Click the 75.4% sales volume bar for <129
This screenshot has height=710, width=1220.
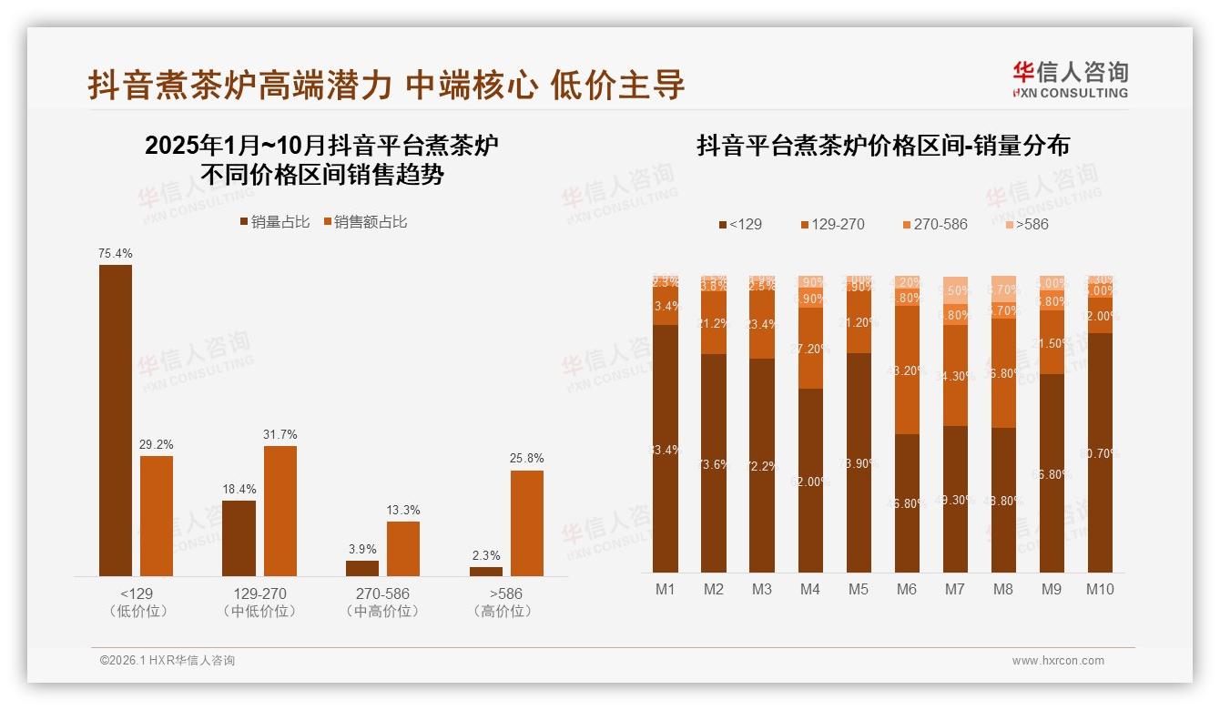115,420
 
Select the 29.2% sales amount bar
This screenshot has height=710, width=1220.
157,515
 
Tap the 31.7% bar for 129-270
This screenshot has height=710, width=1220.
280,510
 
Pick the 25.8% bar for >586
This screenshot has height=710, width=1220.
527,522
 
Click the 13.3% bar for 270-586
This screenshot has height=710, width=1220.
403,548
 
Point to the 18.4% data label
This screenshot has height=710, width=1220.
239,489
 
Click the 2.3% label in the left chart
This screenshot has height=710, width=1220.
486,555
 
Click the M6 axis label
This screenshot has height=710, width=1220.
906,589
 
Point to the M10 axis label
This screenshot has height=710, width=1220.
1100,589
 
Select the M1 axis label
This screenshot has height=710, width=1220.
666,589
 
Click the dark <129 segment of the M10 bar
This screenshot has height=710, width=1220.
1100,452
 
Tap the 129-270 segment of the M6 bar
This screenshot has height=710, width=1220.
907,370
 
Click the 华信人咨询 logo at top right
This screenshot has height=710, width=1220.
1070,79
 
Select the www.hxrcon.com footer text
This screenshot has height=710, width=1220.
1058,661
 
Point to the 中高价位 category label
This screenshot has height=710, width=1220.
382,612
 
